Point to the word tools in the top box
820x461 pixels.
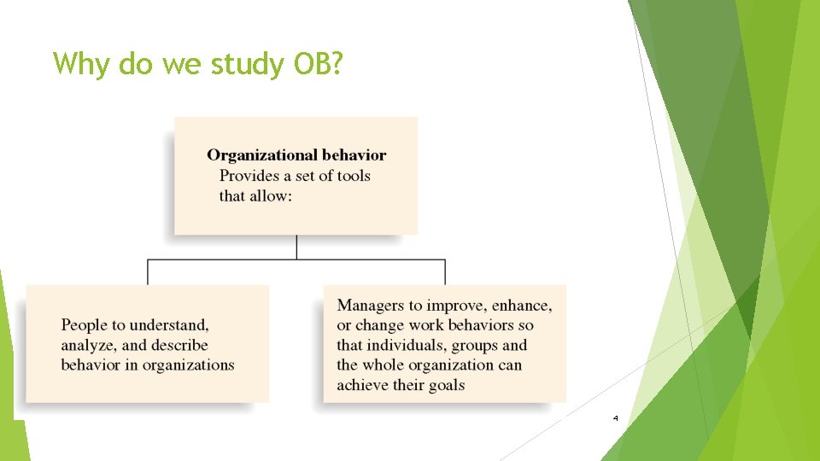350,175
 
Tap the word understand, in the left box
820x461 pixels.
168,324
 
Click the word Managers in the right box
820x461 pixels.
370,305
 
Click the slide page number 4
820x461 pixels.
615,418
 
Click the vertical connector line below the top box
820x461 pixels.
296,246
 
